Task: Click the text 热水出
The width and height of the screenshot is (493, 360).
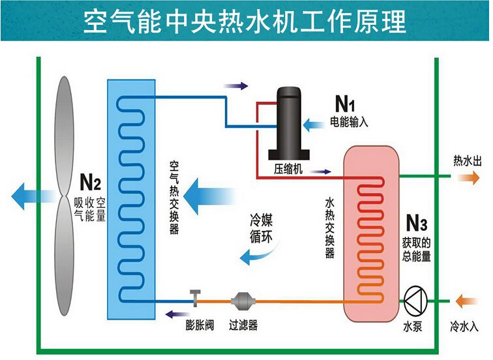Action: pos(467,161)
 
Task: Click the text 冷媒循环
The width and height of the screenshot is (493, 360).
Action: pos(261,229)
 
